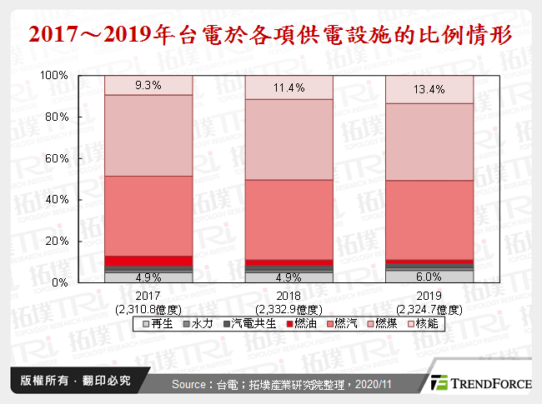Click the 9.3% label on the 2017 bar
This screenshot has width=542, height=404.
click(148, 85)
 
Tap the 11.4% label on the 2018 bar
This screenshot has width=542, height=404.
click(289, 87)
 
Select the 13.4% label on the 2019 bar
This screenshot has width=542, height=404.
click(429, 89)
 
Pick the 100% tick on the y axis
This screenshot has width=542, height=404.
click(54, 76)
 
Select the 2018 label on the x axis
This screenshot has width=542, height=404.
click(289, 296)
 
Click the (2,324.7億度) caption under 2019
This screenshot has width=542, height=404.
click(429, 308)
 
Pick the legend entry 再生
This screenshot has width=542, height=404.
click(159, 322)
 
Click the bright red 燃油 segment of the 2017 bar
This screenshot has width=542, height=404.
click(148, 260)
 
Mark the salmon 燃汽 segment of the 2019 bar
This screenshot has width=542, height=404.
click(429, 220)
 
